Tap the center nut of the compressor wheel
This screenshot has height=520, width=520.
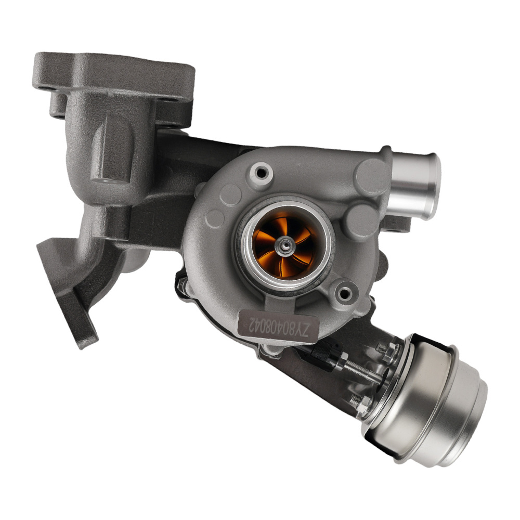click(285, 242)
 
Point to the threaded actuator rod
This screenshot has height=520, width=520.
click(364, 372)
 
